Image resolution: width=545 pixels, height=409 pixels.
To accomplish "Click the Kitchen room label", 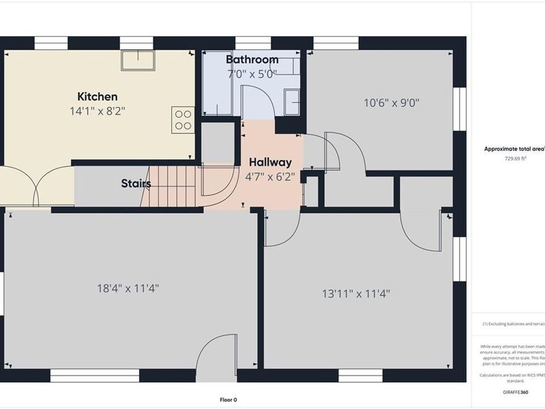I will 97,96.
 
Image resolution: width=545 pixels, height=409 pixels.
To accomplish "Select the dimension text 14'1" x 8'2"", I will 97,111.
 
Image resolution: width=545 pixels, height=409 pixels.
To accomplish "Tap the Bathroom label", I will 252,60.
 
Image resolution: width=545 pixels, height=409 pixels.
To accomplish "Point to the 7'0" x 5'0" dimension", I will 252,74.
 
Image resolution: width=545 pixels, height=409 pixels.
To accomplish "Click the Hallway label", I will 270,162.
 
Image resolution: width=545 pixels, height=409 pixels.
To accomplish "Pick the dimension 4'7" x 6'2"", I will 270,178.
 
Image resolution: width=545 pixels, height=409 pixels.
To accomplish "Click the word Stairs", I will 136,183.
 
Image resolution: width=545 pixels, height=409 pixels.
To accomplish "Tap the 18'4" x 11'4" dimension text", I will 128,288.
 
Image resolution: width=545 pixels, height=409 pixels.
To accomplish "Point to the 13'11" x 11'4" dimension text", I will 355,294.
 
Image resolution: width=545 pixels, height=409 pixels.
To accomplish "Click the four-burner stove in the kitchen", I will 183,119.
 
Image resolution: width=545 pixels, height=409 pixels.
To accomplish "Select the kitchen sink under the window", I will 137,61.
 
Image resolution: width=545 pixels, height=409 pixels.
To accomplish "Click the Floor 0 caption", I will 228,399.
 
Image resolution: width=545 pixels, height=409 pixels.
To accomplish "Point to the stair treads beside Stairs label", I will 170,186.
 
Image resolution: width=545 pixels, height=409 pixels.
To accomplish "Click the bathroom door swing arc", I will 258,102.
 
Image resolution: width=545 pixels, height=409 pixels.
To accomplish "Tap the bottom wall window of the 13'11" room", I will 360,376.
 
